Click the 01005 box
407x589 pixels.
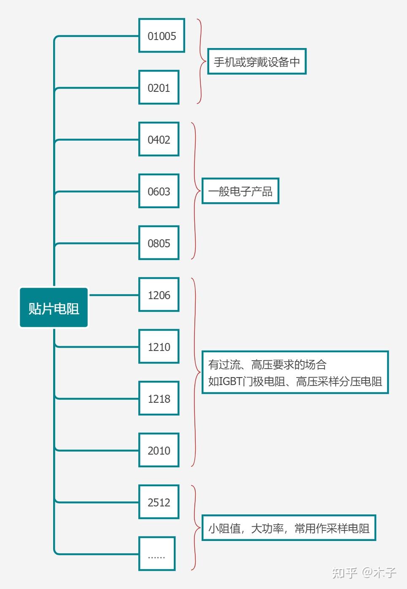point(162,36)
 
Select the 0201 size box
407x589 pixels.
point(159,88)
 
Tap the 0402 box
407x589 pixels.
point(159,139)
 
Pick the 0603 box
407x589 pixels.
point(159,191)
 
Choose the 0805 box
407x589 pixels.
point(159,243)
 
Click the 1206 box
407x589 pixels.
point(159,295)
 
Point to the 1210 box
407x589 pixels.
point(159,347)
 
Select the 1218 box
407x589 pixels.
point(159,399)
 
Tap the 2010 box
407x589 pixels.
point(159,450)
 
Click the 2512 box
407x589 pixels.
point(159,502)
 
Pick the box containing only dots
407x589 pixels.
point(157,554)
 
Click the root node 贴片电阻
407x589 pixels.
point(54,308)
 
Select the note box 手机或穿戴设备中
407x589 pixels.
point(256,62)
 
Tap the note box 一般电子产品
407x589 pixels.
point(240,191)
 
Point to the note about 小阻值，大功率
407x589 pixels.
point(288,528)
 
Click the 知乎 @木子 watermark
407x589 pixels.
point(364,573)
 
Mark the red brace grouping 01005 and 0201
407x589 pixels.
point(200,62)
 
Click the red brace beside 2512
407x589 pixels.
point(195,527)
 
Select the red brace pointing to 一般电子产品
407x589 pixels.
point(195,191)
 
